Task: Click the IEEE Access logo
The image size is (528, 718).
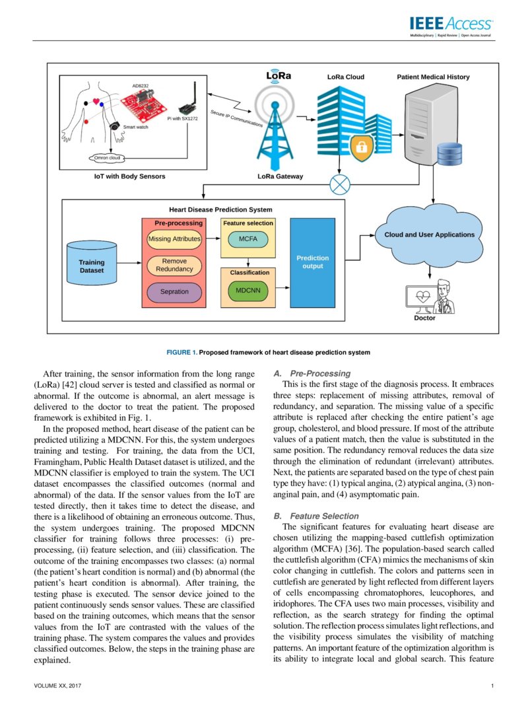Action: [x=451, y=25]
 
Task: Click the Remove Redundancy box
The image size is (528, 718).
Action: [x=174, y=265]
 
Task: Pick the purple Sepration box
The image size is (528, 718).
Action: [x=174, y=291]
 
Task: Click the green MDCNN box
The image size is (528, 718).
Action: [x=248, y=289]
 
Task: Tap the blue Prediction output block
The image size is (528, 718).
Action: [x=312, y=262]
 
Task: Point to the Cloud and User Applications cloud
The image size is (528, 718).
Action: [x=429, y=235]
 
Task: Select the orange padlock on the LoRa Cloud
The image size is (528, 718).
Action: [x=360, y=147]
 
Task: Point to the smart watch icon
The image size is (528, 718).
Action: [x=114, y=126]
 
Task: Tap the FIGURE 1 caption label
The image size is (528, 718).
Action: [x=268, y=352]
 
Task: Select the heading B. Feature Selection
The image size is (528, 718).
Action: [x=316, y=516]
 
